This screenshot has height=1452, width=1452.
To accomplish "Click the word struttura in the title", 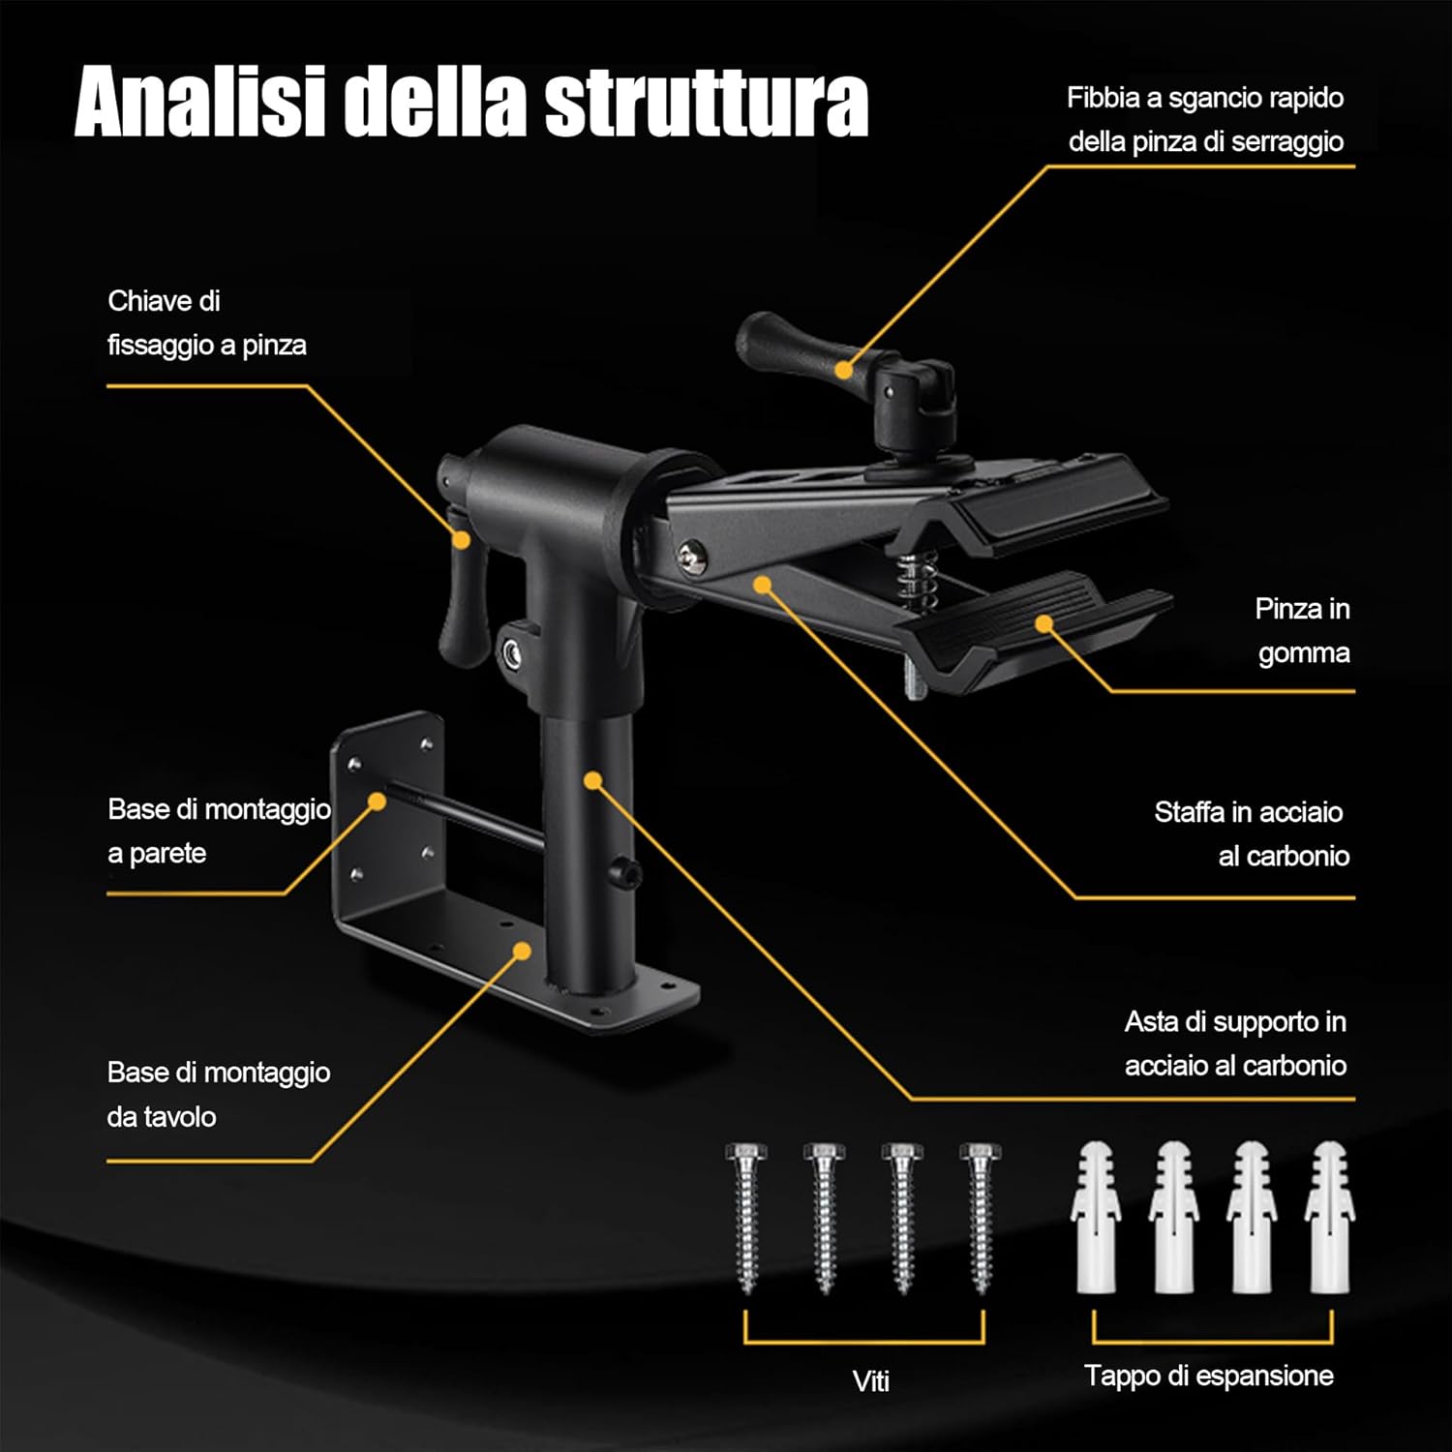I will click(x=706, y=103).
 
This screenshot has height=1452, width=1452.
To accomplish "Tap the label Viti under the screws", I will click(x=870, y=1380).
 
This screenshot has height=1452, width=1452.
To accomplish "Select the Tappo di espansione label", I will click(x=1208, y=1376).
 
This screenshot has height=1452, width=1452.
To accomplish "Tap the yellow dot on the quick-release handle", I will click(x=844, y=370).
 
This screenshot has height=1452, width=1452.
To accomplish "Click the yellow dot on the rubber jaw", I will click(x=1044, y=623).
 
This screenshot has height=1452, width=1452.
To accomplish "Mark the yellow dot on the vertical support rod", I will click(x=593, y=779).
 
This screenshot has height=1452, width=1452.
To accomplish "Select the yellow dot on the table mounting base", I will click(x=522, y=952).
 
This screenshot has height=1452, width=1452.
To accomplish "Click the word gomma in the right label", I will click(x=1303, y=653).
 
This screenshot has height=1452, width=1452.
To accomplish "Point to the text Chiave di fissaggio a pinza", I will click(x=206, y=323).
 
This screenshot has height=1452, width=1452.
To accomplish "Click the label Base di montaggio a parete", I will click(x=218, y=831).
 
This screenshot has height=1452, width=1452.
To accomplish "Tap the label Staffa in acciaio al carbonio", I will click(x=1250, y=833).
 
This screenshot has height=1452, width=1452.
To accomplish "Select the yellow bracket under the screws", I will click(x=863, y=1341).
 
